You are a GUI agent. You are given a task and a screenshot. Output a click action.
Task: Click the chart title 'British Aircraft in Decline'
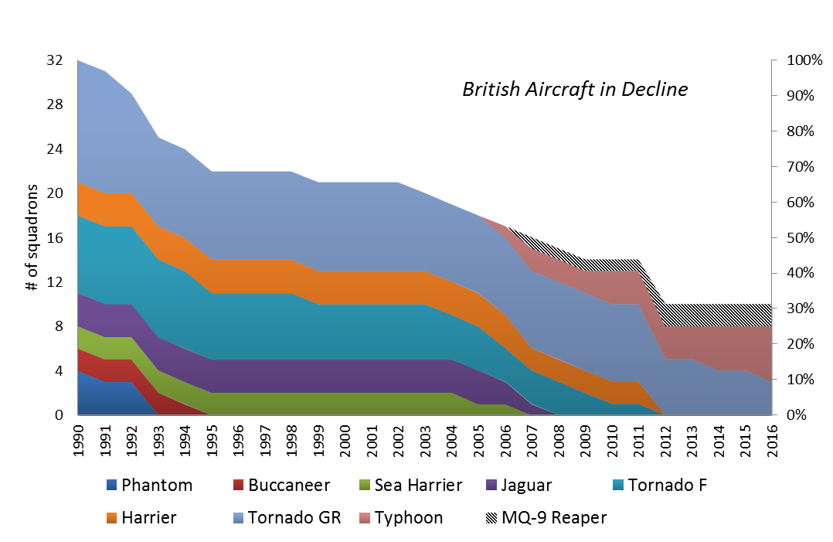[574, 90]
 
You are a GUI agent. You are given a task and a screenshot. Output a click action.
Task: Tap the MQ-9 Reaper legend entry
[546, 518]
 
